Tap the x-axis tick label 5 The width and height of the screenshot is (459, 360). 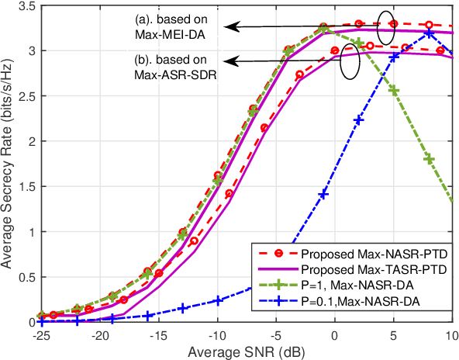[394, 334]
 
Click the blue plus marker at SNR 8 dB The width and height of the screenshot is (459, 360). [429, 33]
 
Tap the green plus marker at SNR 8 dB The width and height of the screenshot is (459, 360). [429, 159]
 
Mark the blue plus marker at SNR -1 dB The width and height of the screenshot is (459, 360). [323, 194]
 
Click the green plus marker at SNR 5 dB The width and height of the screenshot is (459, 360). [394, 91]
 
